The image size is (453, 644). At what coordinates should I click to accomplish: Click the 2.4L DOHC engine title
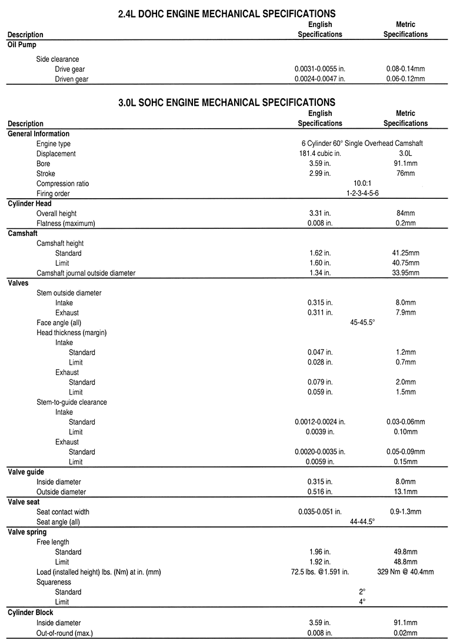click(x=226, y=13)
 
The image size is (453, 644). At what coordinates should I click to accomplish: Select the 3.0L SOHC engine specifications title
click(x=226, y=102)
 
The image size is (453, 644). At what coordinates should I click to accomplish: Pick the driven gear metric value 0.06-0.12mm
click(x=405, y=79)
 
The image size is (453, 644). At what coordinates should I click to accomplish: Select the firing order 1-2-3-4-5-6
click(x=362, y=193)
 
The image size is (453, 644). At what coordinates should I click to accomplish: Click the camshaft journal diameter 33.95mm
click(x=405, y=273)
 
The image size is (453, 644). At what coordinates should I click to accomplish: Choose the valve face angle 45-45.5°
click(x=362, y=323)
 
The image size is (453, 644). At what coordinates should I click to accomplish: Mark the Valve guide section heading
click(x=26, y=472)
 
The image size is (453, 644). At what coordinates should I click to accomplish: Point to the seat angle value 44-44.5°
click(x=362, y=522)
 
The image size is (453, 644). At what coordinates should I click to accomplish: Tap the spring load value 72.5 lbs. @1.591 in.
click(x=320, y=572)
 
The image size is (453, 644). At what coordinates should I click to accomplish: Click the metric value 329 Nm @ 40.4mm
click(x=405, y=572)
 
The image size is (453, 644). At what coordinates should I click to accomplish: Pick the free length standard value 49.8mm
click(x=405, y=552)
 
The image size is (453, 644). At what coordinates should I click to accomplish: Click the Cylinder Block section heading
click(x=31, y=612)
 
